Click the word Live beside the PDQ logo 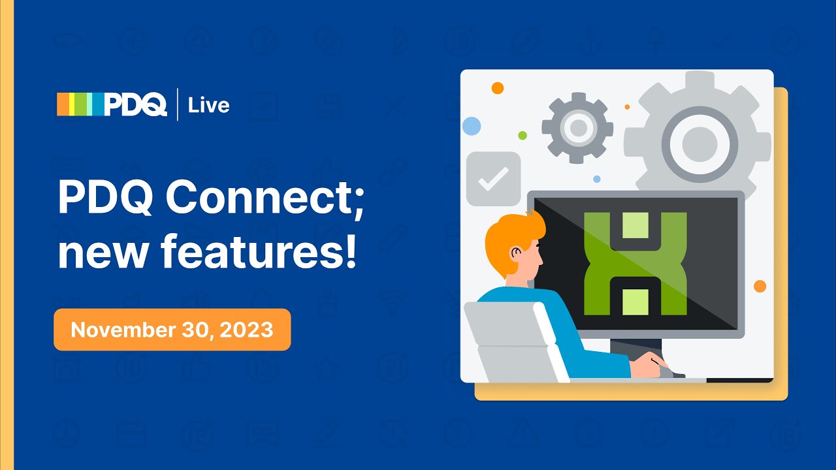pos(208,105)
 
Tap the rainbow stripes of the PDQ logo pos(79,104)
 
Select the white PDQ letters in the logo pos(135,104)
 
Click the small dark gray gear pos(577,127)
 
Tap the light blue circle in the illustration pos(471,125)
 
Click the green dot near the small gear pos(522,135)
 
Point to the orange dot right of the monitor pos(760,286)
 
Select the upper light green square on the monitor pos(635,225)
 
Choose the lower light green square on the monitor pos(635,302)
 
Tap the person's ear pos(517,253)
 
